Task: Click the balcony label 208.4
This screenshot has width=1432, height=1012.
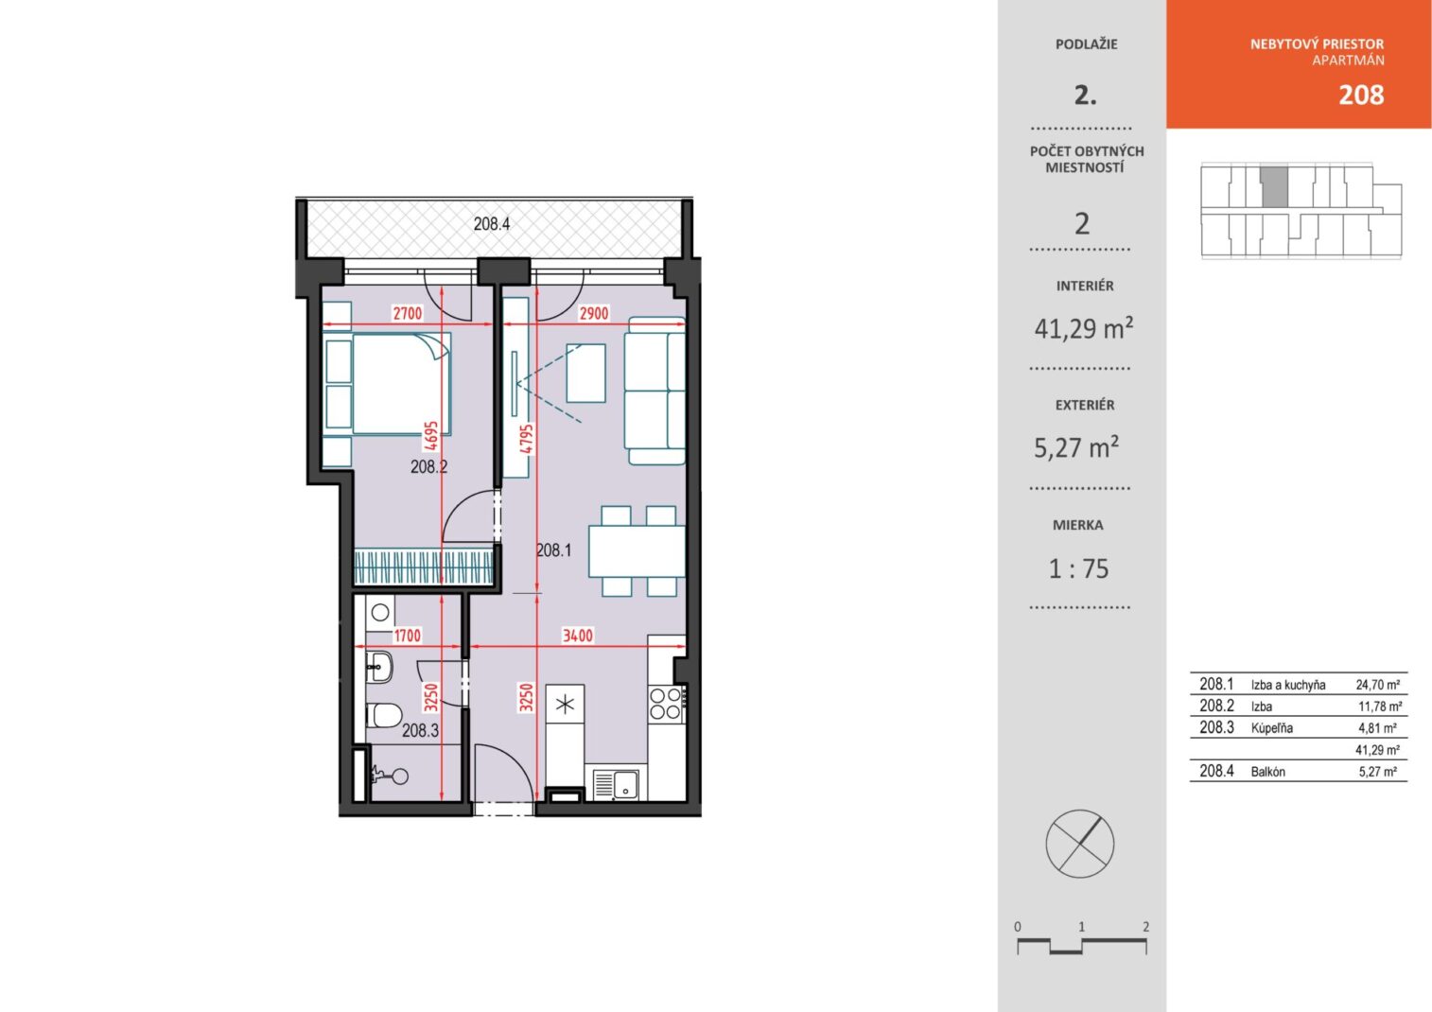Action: (491, 224)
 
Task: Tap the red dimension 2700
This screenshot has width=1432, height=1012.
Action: (408, 313)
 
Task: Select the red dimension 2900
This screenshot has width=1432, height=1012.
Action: (593, 313)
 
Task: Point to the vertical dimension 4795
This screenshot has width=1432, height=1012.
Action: (526, 439)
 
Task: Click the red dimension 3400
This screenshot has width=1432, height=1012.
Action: (577, 636)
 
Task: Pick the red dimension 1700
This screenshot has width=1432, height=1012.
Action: (408, 636)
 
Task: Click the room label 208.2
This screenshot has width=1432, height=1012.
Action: (428, 466)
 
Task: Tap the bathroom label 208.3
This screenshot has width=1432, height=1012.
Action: (420, 730)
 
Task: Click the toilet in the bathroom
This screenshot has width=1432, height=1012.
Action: (384, 715)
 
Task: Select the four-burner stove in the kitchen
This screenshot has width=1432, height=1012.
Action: (666, 704)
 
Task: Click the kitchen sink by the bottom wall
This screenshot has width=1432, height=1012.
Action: (617, 784)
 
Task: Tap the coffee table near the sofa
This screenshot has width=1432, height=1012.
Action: (585, 374)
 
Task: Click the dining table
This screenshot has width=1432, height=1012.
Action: (637, 551)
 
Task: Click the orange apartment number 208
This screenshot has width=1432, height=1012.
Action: (1361, 95)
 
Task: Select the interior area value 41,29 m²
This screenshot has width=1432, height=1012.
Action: (1084, 328)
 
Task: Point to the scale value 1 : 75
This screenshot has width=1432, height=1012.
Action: (1078, 568)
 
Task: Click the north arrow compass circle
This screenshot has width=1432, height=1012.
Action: (1080, 844)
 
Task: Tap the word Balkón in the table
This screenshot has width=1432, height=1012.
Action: (1267, 772)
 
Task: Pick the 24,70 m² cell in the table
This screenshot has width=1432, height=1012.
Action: (1378, 685)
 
